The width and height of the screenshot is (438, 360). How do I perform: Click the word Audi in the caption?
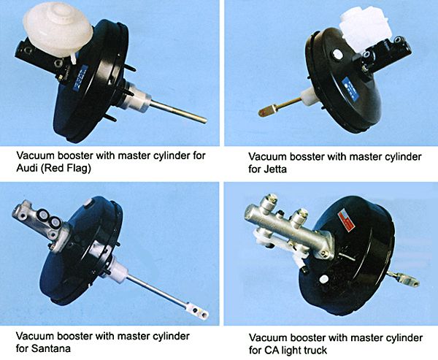(x=26, y=169)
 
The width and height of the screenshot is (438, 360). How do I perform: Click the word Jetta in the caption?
(x=275, y=169)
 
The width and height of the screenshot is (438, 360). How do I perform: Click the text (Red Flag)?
(x=66, y=169)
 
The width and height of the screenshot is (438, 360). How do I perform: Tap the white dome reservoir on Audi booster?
(x=58, y=31)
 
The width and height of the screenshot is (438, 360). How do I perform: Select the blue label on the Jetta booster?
(x=350, y=89)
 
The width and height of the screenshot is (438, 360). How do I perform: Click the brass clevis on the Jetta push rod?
(x=267, y=111)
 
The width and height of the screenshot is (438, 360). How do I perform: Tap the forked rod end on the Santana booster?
(x=198, y=310)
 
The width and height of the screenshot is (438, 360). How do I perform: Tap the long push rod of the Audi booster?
(x=179, y=112)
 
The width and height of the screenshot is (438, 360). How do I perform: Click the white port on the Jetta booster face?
(x=338, y=55)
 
